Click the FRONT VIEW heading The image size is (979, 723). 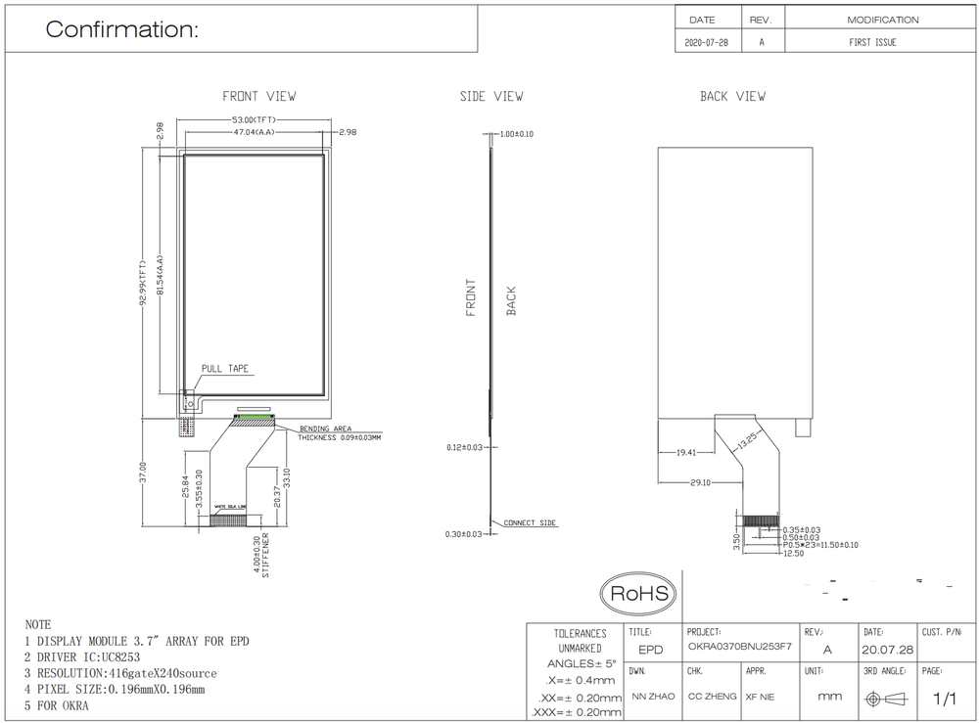point(259,96)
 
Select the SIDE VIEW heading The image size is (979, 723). point(491,96)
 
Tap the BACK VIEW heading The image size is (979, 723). point(732,96)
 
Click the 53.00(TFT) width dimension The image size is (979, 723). point(254,120)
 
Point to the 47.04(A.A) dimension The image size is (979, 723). point(254,131)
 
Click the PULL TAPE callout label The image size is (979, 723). point(225,369)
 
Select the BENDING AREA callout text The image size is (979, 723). point(326,429)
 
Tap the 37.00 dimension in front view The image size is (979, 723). point(143,474)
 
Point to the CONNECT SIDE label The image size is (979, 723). point(530,523)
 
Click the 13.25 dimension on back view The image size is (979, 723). point(749,439)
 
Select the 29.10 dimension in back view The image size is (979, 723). point(699,483)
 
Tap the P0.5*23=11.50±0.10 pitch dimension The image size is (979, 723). point(820,545)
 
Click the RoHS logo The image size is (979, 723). point(639,593)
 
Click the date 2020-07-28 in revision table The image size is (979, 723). point(708,42)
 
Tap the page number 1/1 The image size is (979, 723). point(945,699)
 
